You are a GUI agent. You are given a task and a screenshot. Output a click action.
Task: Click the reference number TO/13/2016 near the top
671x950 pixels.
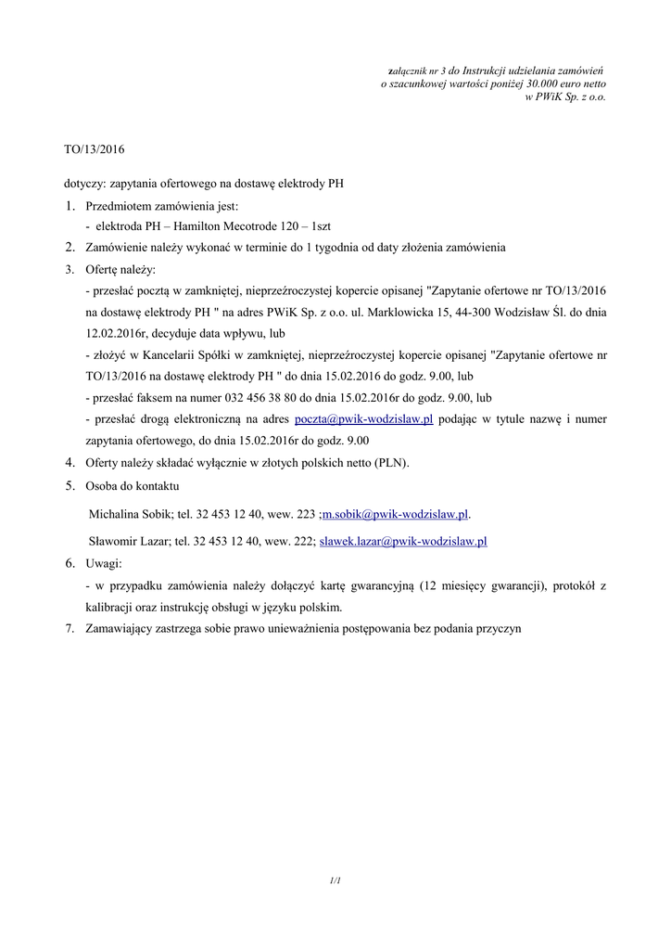pos(94,148)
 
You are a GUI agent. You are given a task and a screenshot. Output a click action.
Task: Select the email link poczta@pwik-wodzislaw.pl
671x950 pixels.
pos(363,419)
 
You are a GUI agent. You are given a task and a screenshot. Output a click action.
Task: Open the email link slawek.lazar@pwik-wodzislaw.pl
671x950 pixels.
pos(403,541)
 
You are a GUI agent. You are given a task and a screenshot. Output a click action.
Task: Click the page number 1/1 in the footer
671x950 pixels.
pos(335,879)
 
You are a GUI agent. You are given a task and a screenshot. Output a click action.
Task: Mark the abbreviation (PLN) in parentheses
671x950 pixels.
pos(390,462)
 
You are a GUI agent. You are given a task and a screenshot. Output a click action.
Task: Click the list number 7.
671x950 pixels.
pos(70,628)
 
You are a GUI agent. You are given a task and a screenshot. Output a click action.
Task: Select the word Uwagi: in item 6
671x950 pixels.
pos(104,563)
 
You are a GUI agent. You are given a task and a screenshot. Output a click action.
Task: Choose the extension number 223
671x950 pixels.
pos(306,513)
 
